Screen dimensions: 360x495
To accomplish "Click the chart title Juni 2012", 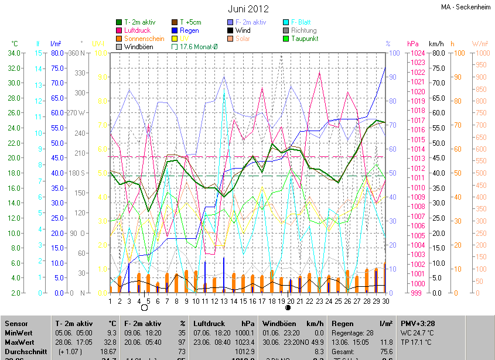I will pyautogui.click(x=248, y=9).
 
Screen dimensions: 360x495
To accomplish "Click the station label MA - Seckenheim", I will pyautogui.click(x=466, y=7).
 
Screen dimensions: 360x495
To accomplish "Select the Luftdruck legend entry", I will pyautogui.click(x=141, y=30).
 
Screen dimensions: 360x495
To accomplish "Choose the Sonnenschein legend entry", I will pyautogui.click(x=144, y=39).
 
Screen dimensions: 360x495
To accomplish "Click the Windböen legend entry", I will pyautogui.click(x=139, y=47).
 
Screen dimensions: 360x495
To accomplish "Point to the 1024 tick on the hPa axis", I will pyautogui.click(x=417, y=53).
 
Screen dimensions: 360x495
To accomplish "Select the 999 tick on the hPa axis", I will pyautogui.click(x=415, y=293).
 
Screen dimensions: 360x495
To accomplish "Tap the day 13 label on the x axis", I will pyautogui.click(x=224, y=301).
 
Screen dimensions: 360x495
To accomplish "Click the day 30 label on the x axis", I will pyautogui.click(x=385, y=301).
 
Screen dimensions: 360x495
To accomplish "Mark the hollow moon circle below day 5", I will pyautogui.click(x=144, y=307).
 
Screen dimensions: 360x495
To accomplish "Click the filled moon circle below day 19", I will pyautogui.click(x=288, y=307).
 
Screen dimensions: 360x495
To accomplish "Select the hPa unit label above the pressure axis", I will pyautogui.click(x=412, y=44).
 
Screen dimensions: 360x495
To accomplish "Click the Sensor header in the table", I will pyautogui.click(x=16, y=323).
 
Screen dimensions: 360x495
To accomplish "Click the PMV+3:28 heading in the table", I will pyautogui.click(x=418, y=323).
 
